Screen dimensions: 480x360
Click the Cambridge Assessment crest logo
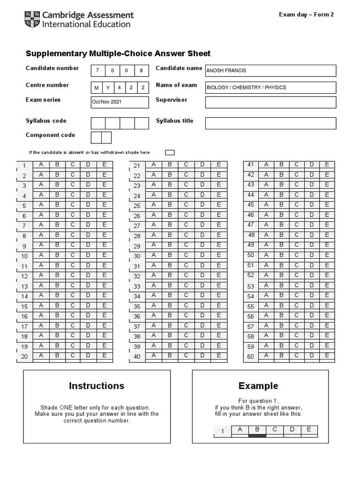pyautogui.click(x=32, y=19)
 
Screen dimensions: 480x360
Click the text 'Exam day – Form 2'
pyautogui.click(x=307, y=15)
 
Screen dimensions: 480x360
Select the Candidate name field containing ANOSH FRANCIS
pyautogui.click(x=270, y=71)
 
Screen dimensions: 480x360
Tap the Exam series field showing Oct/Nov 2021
pyautogui.click(x=120, y=102)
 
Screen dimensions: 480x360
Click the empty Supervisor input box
pyautogui.click(x=270, y=102)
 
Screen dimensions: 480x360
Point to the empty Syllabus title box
pyautogui.click(x=270, y=123)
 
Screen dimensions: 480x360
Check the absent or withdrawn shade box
pyautogui.click(x=170, y=152)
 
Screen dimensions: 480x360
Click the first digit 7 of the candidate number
pyautogui.click(x=98, y=71)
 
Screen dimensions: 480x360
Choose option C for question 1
pyautogui.click(x=73, y=165)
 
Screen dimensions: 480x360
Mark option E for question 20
pyautogui.click(x=105, y=355)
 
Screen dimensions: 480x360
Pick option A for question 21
pyautogui.click(x=153, y=165)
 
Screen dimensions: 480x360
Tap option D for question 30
pyautogui.click(x=202, y=255)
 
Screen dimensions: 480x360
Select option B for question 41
pyautogui.click(x=281, y=165)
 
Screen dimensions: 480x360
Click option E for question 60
pyautogui.click(x=327, y=355)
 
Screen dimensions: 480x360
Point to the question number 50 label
pyautogui.click(x=251, y=255)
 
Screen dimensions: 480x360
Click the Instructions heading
pyautogui.click(x=97, y=386)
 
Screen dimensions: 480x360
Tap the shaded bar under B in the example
pyautogui.click(x=257, y=436)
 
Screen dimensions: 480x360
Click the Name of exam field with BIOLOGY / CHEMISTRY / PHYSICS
pyautogui.click(x=270, y=88)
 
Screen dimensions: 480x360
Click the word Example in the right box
pyautogui.click(x=258, y=386)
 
